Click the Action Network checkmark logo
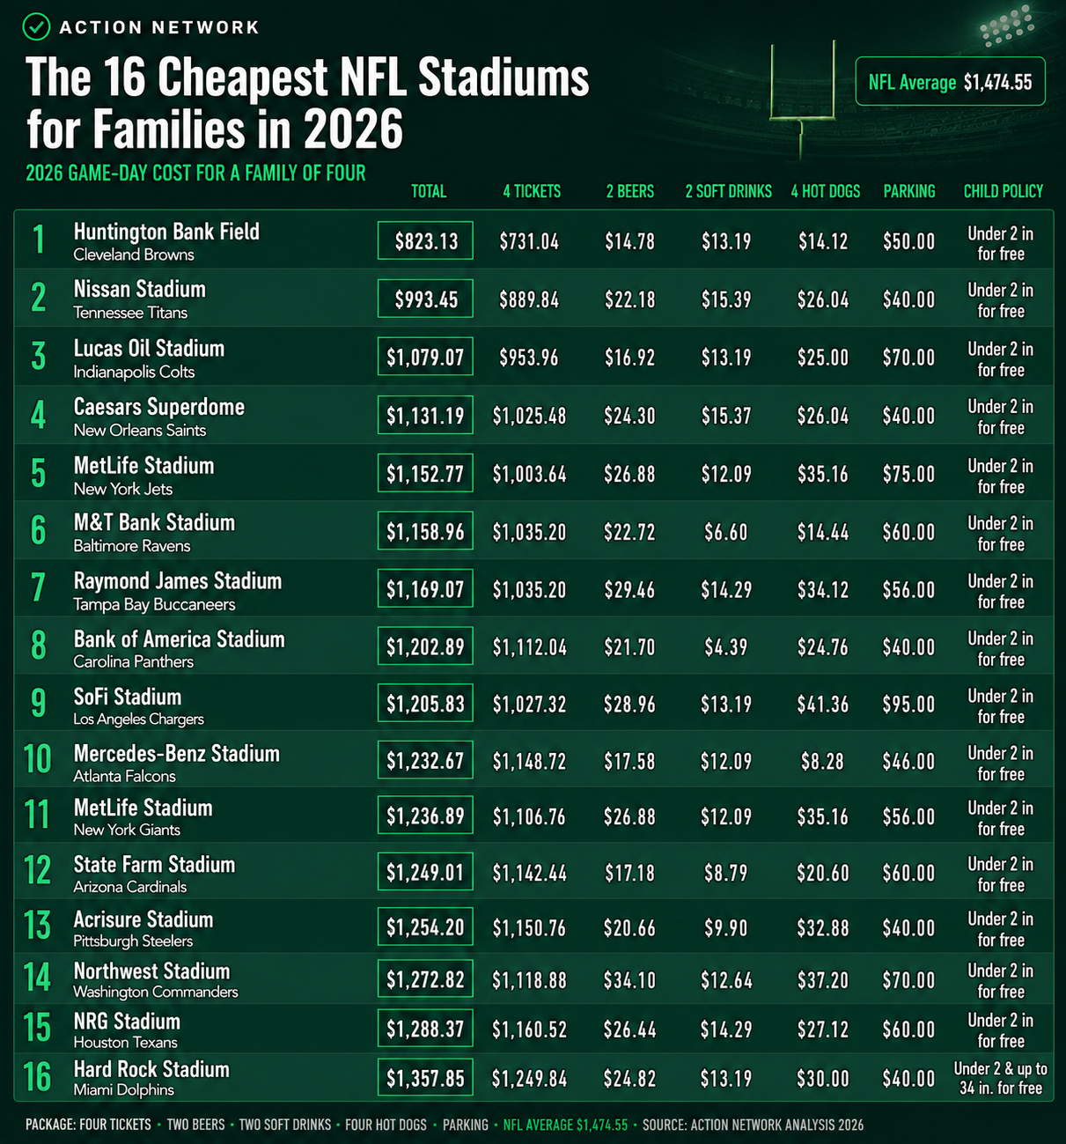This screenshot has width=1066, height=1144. click(36, 26)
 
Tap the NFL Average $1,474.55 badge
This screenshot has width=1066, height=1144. click(950, 81)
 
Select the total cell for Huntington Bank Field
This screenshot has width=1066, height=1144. click(425, 240)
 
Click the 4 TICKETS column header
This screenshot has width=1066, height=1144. click(532, 191)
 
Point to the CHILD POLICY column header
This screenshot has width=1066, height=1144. click(1004, 191)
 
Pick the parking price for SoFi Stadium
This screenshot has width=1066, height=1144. click(908, 704)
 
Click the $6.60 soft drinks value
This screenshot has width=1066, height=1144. click(725, 532)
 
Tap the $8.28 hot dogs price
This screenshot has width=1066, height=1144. click(822, 762)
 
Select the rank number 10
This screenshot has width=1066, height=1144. click(38, 759)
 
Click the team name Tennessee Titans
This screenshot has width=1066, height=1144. click(130, 313)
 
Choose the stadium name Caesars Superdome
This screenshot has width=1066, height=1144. click(159, 407)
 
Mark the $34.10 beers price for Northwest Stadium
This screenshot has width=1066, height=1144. click(629, 980)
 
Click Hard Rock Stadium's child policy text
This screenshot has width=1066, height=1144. click(1000, 1078)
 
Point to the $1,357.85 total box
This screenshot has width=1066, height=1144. click(425, 1077)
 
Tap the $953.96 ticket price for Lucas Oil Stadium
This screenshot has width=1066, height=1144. click(529, 358)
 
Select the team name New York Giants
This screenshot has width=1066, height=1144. click(127, 830)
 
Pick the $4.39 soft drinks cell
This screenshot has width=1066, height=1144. click(725, 647)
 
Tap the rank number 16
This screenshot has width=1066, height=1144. click(38, 1077)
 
